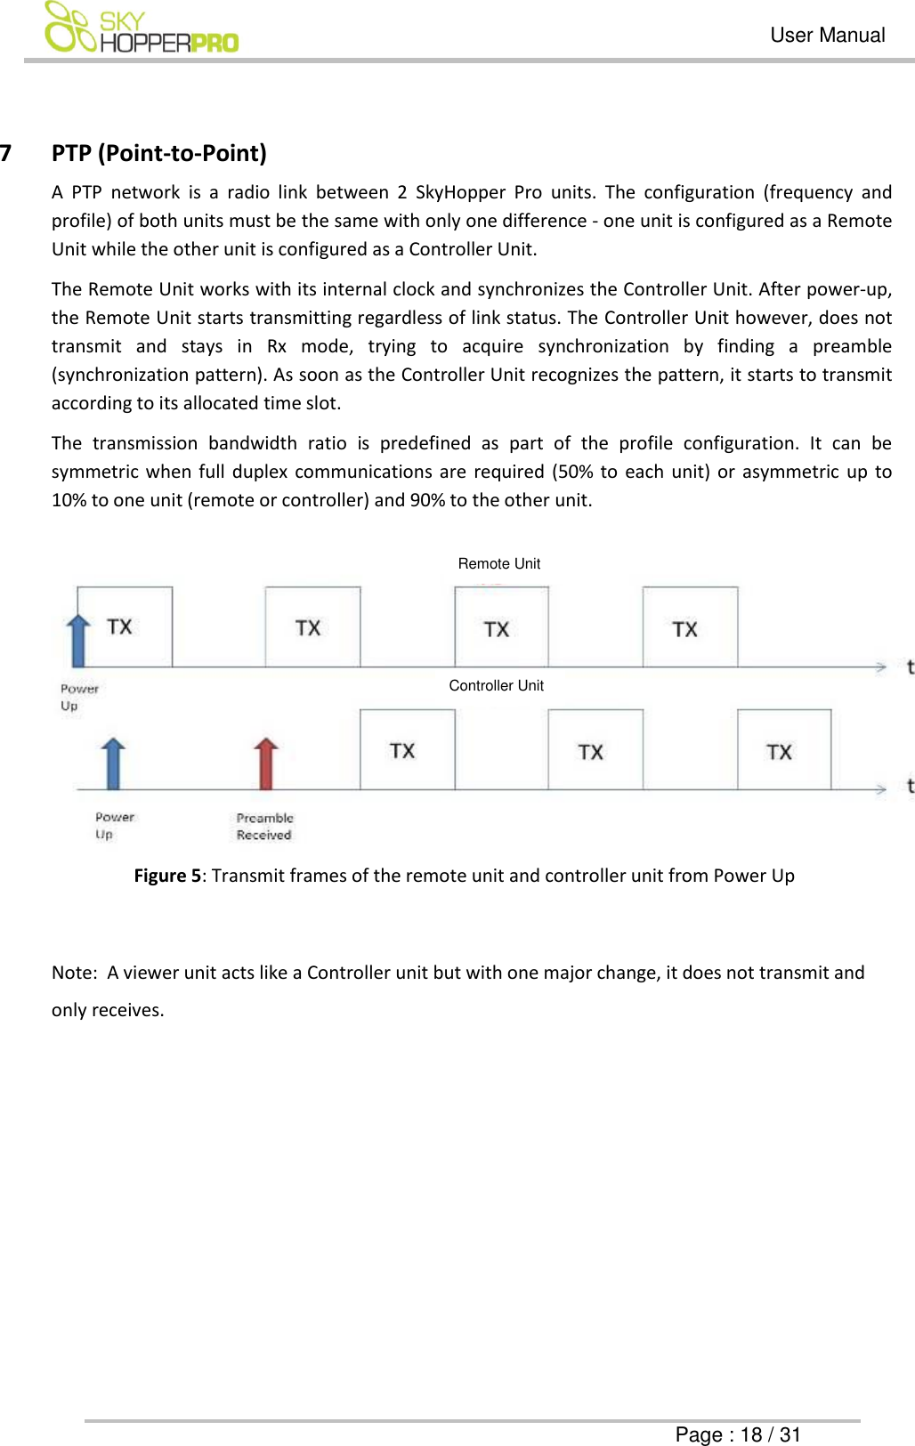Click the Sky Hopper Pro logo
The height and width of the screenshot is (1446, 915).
pyautogui.click(x=141, y=28)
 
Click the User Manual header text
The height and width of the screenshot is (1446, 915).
pyautogui.click(x=827, y=36)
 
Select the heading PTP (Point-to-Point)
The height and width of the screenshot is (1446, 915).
pyautogui.click(x=158, y=153)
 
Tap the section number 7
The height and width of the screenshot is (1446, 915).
pyautogui.click(x=6, y=153)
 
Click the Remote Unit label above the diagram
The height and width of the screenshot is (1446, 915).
pyautogui.click(x=498, y=563)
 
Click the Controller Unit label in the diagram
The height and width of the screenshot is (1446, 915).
pyautogui.click(x=496, y=685)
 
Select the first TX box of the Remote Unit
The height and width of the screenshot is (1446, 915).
pyautogui.click(x=125, y=626)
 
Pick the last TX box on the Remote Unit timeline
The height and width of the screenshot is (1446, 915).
pyautogui.click(x=690, y=627)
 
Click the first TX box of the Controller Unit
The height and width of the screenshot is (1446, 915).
pyautogui.click(x=407, y=750)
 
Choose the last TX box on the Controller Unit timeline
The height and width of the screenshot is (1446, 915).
pyautogui.click(x=783, y=750)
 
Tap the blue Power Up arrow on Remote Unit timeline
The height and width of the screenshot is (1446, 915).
pyautogui.click(x=79, y=640)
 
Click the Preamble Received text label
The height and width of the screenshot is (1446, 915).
pyautogui.click(x=264, y=827)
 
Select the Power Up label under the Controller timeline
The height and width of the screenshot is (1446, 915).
pyautogui.click(x=114, y=826)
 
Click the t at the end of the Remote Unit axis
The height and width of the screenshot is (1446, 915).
pyautogui.click(x=910, y=667)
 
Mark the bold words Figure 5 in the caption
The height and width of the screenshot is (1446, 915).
pyautogui.click(x=167, y=876)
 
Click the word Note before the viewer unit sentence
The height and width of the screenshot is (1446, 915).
pyautogui.click(x=72, y=973)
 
